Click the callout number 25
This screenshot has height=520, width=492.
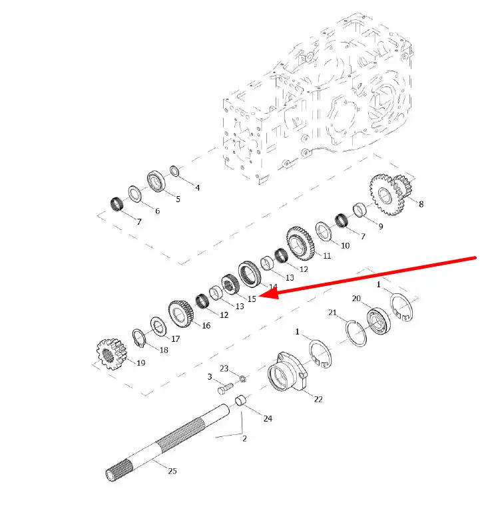(x=172, y=471)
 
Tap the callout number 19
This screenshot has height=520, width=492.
(x=140, y=363)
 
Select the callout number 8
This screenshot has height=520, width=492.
(x=421, y=204)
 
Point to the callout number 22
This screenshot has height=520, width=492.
(x=318, y=399)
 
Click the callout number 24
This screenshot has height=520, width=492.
(x=268, y=418)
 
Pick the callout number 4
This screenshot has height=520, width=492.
(x=198, y=188)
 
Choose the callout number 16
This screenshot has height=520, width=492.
(x=206, y=326)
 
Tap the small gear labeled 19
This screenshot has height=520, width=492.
(x=112, y=354)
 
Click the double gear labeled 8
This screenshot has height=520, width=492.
(x=391, y=194)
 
